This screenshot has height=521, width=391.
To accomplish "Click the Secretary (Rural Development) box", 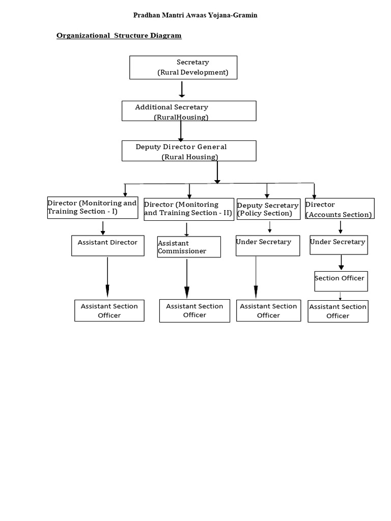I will [183, 67].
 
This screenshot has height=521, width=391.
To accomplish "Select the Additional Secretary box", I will [189, 111].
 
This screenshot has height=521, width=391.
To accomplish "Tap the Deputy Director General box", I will [189, 151].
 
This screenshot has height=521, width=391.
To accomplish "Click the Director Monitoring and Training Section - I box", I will [93, 208].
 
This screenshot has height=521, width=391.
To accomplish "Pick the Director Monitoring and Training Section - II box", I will [189, 209].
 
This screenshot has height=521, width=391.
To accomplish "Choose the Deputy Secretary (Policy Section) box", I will [268, 209].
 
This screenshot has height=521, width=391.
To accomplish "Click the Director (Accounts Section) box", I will [340, 209].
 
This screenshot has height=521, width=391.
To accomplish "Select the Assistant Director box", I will [107, 245].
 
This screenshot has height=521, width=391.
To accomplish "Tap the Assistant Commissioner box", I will [189, 247].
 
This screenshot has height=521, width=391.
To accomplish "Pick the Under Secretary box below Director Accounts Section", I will [339, 245].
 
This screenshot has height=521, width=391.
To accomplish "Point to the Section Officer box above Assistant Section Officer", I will [341, 281].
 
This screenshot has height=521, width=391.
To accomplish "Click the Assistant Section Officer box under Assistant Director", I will [109, 310].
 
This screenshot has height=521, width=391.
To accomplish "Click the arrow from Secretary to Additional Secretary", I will [182, 89].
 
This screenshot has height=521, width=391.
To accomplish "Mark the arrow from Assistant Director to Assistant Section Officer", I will [107, 277].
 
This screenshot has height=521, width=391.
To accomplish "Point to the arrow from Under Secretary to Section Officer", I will [341, 262].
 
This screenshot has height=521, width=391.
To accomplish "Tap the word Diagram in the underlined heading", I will [165, 36].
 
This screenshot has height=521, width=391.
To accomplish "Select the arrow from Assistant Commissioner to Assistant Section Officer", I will [187, 278].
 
